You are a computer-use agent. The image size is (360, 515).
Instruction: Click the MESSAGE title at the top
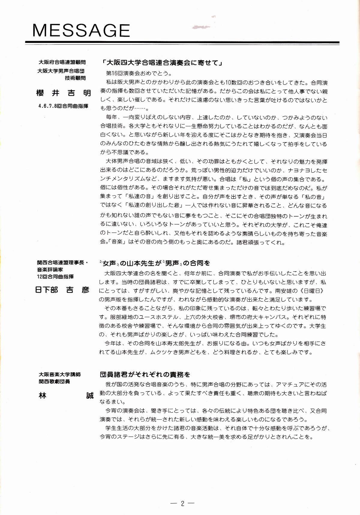81,30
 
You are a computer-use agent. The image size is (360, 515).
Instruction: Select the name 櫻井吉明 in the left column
64,93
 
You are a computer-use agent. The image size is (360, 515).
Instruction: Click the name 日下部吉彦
62,290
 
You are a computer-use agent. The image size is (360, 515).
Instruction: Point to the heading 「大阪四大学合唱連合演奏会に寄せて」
162,63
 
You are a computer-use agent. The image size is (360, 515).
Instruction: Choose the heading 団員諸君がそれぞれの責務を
145,374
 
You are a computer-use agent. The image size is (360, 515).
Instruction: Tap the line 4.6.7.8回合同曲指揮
63,106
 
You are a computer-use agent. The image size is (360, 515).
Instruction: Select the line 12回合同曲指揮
55,276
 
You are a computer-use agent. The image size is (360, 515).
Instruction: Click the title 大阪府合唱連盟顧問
62,62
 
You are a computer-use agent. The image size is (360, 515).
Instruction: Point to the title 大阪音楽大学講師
60,374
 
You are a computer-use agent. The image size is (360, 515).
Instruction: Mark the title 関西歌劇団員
54,382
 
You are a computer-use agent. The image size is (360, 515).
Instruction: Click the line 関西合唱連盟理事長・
63,262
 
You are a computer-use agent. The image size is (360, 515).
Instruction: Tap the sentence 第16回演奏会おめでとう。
139,73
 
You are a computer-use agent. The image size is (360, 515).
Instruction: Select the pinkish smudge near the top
201,27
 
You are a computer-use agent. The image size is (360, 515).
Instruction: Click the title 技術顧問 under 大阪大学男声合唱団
75,78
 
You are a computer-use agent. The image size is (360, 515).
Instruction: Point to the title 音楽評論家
50,269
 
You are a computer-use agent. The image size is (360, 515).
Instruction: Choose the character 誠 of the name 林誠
90,396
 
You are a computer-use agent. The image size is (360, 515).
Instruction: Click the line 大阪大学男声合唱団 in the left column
61,71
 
